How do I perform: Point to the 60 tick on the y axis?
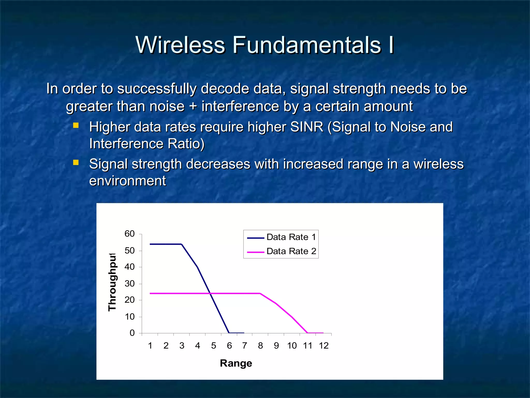(130, 234)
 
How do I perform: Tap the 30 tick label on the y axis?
(130, 283)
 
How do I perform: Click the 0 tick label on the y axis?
(132, 333)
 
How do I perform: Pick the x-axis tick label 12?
(323, 345)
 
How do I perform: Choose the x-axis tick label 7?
(245, 345)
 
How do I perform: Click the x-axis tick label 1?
(150, 345)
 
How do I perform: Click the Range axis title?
(236, 363)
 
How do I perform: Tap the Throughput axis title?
(112, 282)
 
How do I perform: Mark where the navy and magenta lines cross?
(210, 293)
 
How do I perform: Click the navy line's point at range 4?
(197, 267)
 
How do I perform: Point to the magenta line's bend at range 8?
(260, 293)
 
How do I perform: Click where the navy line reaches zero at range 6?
(229, 333)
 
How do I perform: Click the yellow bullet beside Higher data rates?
(76, 126)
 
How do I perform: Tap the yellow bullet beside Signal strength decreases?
(76, 163)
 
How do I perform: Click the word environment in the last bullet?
(127, 181)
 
